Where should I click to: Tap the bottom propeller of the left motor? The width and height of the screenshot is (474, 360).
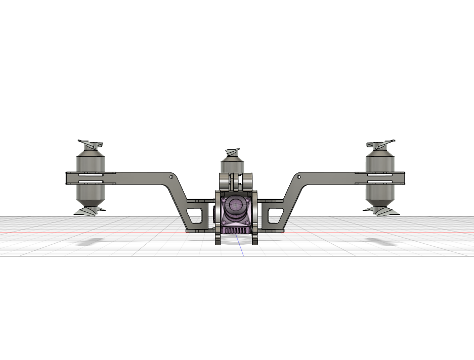click(x=91, y=210)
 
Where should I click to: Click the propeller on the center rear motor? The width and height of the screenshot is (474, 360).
click(x=233, y=152)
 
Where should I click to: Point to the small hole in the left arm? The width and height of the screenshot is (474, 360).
click(x=171, y=177)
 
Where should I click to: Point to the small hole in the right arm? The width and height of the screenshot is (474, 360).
click(x=299, y=177)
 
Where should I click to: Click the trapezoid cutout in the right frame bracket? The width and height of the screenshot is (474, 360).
click(x=275, y=215)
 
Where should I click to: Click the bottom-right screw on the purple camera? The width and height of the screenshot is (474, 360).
click(x=247, y=222)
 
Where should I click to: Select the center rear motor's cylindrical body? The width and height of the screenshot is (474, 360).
click(x=232, y=166)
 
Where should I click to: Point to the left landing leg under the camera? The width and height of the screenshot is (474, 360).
click(x=218, y=238)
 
